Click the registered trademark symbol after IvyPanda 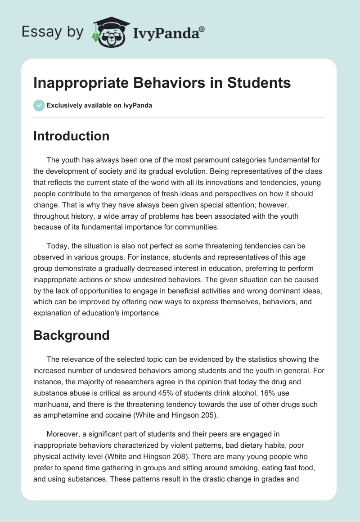[202, 29]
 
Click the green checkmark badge [39, 106]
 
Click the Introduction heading [71, 136]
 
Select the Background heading [71, 335]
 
